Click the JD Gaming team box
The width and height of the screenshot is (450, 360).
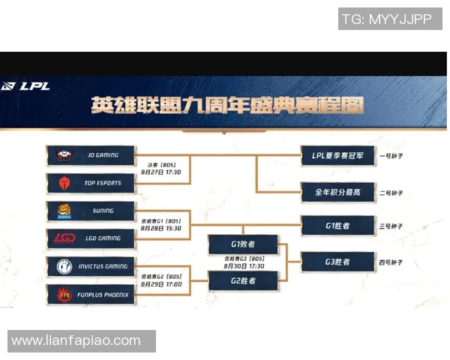click(x=91, y=155)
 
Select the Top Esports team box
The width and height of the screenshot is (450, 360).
click(x=91, y=182)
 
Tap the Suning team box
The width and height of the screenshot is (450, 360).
click(x=91, y=211)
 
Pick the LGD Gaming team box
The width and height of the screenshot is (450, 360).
click(x=91, y=238)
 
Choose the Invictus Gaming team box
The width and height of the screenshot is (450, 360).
click(x=91, y=266)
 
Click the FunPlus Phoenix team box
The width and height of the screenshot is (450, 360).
click(x=91, y=295)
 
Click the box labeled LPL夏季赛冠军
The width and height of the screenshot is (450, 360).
click(x=337, y=156)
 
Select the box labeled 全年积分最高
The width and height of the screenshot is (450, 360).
click(x=337, y=192)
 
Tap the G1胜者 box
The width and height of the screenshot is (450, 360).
click(x=337, y=225)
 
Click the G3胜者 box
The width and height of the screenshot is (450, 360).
click(x=337, y=262)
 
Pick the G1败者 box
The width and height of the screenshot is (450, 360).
click(x=243, y=244)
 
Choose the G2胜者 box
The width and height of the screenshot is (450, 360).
click(x=243, y=280)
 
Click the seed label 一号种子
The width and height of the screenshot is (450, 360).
click(x=392, y=156)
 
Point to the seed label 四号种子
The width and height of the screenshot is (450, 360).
click(x=392, y=262)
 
